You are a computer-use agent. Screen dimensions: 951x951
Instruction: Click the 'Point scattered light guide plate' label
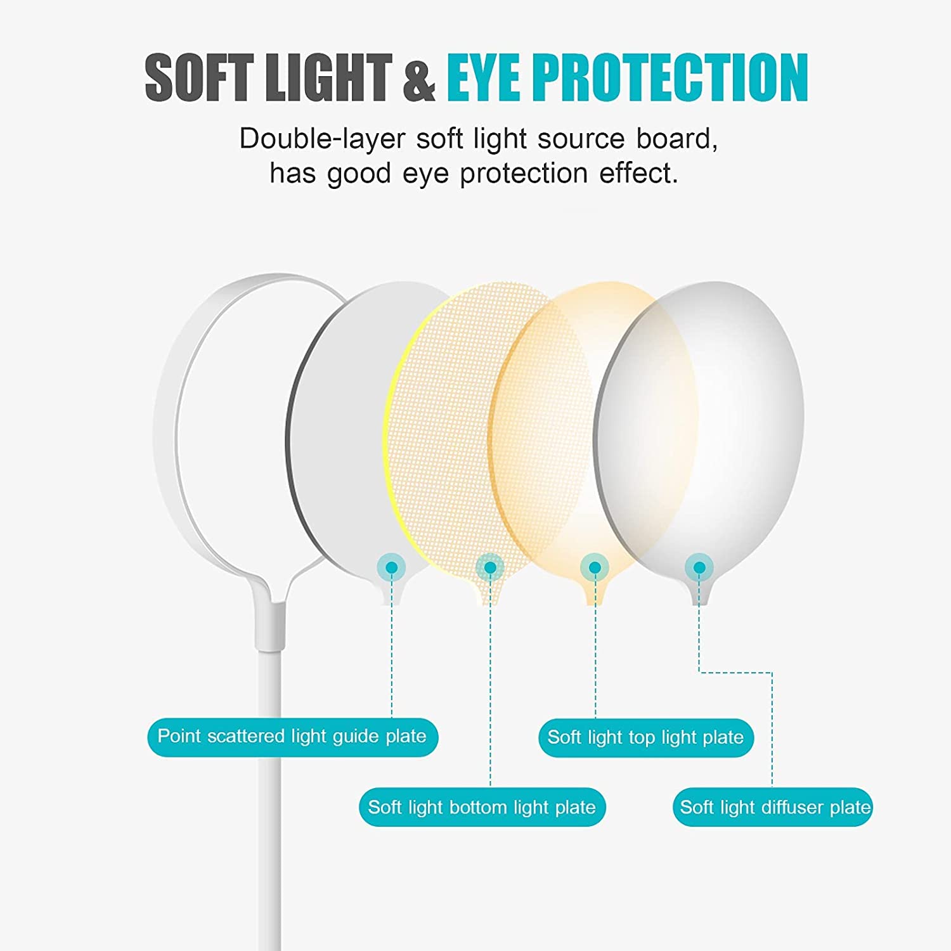[292, 737]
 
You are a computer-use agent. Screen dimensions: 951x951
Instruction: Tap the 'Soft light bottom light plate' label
[482, 807]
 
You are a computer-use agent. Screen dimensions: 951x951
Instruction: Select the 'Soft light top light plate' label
[645, 737]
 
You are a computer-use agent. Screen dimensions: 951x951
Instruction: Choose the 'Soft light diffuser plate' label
[772, 807]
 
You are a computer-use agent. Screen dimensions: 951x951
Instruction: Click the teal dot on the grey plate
[392, 567]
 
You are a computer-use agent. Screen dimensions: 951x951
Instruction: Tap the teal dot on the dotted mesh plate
[490, 567]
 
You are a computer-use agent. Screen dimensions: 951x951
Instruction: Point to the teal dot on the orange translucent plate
[595, 567]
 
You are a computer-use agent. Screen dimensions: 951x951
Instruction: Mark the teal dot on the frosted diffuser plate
[699, 567]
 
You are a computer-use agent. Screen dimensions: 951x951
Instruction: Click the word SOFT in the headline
[200, 77]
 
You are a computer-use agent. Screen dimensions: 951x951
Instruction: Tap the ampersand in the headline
[419, 77]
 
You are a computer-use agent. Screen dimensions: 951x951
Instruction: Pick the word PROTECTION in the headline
[670, 77]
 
